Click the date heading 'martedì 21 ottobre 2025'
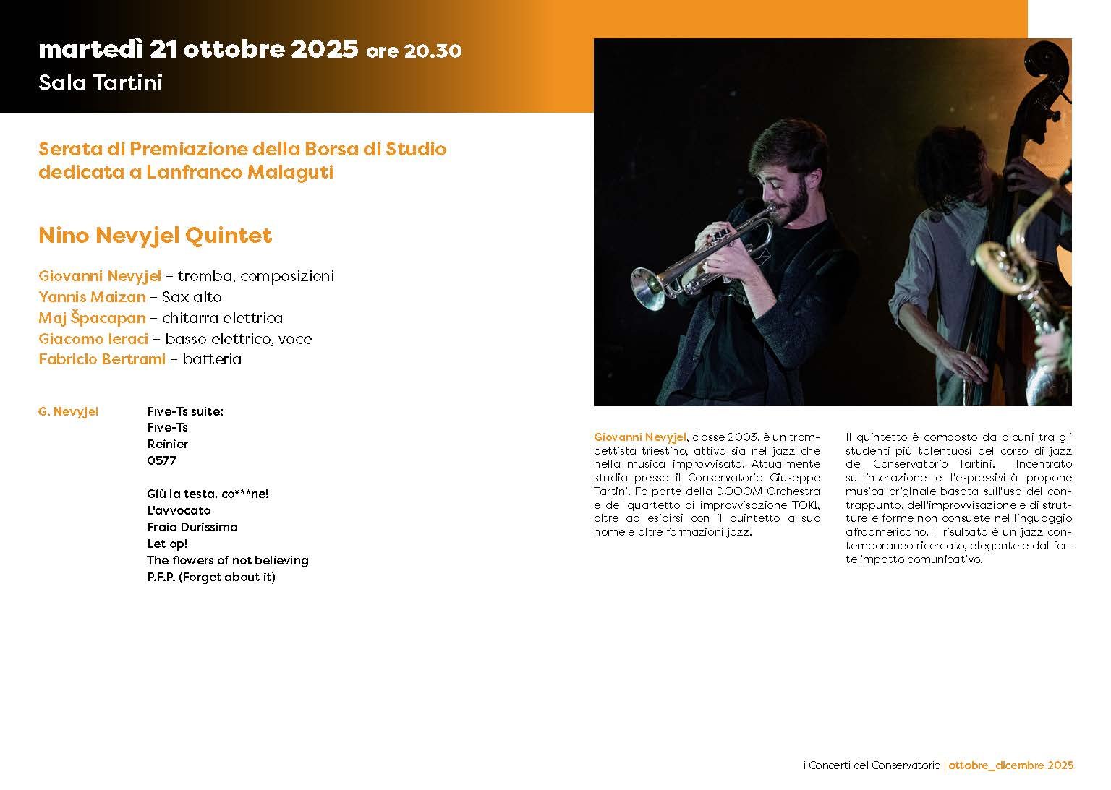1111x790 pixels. coord(197,50)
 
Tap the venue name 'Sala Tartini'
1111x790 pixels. coord(100,83)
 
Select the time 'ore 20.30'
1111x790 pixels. coord(414,51)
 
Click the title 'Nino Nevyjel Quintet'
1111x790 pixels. coord(155,236)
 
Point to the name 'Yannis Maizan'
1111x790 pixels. coord(92,297)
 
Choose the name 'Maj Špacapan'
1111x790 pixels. coord(92,318)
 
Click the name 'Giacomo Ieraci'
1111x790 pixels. coord(93,339)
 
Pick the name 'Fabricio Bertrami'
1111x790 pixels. coord(102,359)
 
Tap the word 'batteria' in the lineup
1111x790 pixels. coord(212,359)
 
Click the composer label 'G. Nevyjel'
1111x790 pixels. coord(68,412)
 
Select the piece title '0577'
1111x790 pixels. coord(161,460)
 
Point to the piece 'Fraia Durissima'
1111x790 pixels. coord(192,527)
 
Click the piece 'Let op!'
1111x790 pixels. coord(167,544)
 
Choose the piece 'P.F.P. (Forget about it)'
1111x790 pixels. coord(210,577)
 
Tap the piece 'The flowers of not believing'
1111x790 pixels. coord(227,560)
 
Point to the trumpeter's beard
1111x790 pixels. coord(792,202)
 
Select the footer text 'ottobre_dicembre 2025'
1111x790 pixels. coord(1010,765)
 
